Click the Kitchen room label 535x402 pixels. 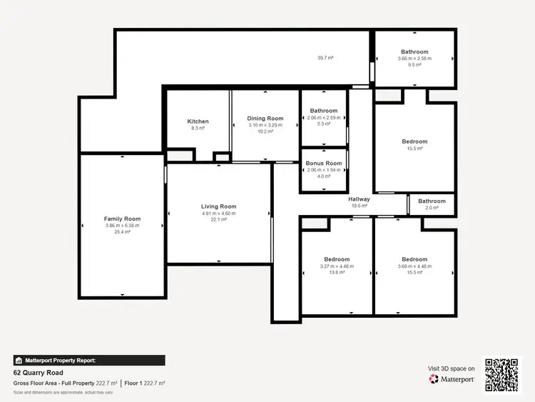coord(198,121)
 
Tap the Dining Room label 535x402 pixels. coord(265,119)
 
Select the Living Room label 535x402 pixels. coord(218,206)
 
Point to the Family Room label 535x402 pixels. coord(122,219)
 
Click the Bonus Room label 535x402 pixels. coord(324,164)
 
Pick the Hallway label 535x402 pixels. coord(359,199)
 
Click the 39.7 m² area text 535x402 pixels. coord(327,57)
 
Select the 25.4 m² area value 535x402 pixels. coord(122,232)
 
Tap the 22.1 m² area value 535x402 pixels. coord(218,219)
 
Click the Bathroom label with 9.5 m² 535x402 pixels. coord(414,52)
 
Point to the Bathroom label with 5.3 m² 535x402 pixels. coord(324,111)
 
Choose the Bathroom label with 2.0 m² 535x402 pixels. coord(432,201)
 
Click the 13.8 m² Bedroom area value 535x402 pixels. coord(337,272)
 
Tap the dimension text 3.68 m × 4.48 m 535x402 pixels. coord(414,266)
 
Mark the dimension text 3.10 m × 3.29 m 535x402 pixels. coord(265,125)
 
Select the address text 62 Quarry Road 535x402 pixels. coord(39,373)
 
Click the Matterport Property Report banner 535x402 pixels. coord(89,361)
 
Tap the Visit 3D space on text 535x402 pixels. coord(452,368)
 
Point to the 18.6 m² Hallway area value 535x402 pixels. coord(359,206)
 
